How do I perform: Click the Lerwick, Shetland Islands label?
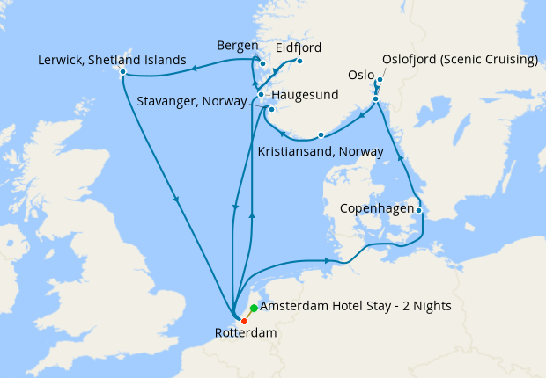coord(112,61)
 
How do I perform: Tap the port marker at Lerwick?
coord(122,71)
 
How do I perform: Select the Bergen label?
coord(237,46)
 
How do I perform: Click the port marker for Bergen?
coord(262,63)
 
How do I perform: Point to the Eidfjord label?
coord(299,47)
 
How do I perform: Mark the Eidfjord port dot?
coord(299,62)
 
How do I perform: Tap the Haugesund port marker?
coord(261,94)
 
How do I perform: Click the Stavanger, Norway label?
coord(192,102)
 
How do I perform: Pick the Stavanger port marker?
coord(272,110)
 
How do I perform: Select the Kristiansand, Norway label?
coord(321,151)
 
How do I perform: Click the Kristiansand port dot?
coord(321,134)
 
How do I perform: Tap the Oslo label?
coord(361,75)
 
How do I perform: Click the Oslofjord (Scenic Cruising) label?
coord(460,61)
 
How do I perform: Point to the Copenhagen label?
coord(377,210)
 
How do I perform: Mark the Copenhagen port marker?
coord(419,210)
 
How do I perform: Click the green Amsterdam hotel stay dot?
coord(254,308)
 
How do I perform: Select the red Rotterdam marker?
coord(244,320)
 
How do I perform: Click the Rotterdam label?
coord(245,334)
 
